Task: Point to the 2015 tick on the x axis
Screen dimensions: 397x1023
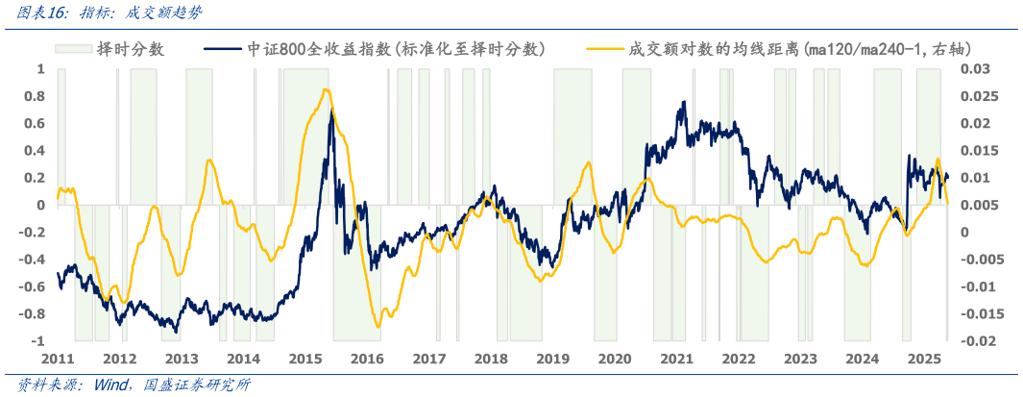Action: coord(305,359)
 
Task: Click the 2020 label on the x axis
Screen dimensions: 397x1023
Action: coord(615,359)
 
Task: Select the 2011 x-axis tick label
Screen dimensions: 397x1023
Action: coord(58,359)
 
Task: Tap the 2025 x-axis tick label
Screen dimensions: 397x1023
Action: coord(924,359)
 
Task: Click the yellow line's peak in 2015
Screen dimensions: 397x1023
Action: coord(327,89)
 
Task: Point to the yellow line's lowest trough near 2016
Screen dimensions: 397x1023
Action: coord(378,327)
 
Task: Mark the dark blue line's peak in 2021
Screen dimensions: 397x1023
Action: coord(684,102)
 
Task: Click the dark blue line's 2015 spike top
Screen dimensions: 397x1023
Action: coord(331,112)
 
